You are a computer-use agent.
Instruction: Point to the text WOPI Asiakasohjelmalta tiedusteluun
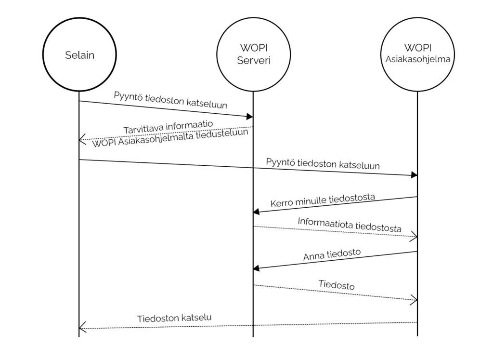click(x=170, y=138)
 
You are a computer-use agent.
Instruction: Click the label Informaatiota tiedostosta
click(x=350, y=225)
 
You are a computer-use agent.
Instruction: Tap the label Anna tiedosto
click(x=332, y=254)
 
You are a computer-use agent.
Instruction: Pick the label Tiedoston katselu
click(x=174, y=318)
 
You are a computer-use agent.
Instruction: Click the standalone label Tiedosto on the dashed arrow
click(x=337, y=284)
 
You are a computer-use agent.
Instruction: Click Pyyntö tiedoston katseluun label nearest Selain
click(x=170, y=100)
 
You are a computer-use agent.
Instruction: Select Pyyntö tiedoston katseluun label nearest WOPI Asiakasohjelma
click(x=323, y=164)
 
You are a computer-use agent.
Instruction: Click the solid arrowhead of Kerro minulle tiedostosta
click(x=256, y=212)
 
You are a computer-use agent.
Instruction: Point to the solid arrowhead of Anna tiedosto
click(x=256, y=268)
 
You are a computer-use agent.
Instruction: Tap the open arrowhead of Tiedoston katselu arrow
click(x=82, y=328)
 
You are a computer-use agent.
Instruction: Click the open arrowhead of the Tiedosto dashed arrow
click(x=414, y=300)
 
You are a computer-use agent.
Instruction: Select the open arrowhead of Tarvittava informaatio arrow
click(x=82, y=139)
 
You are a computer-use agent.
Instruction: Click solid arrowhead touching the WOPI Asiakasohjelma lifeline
click(x=415, y=175)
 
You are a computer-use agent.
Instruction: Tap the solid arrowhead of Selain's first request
click(x=250, y=117)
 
